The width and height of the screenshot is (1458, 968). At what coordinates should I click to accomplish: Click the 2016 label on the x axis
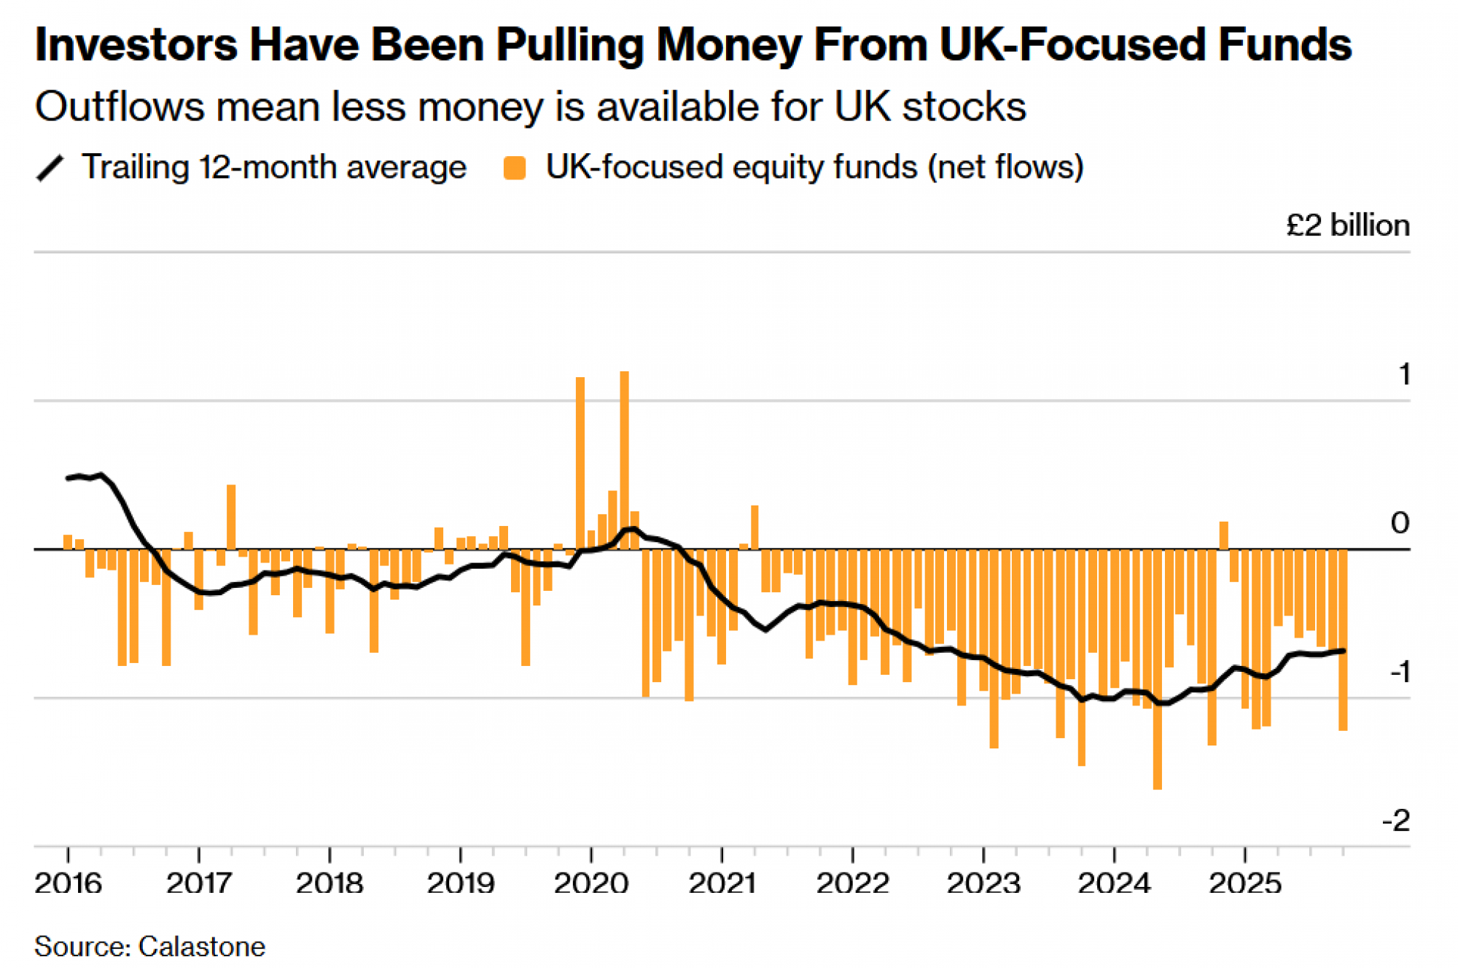click(x=68, y=883)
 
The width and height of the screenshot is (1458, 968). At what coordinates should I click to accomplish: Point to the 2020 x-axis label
click(x=590, y=883)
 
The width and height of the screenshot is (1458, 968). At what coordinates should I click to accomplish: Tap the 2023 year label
click(x=983, y=883)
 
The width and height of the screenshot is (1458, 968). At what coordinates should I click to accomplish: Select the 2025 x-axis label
click(x=1245, y=883)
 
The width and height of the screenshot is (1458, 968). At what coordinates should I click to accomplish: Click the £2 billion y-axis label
click(x=1347, y=225)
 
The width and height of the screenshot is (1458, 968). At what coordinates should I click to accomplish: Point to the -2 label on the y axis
click(x=1396, y=821)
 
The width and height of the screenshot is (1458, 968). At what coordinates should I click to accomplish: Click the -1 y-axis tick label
click(x=1400, y=672)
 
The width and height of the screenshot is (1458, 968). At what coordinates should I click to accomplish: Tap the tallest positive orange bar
click(x=624, y=460)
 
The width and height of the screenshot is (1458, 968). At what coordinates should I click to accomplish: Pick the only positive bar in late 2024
click(x=1223, y=535)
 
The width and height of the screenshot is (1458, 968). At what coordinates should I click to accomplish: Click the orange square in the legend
click(x=515, y=168)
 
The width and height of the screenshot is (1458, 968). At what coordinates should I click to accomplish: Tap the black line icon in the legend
click(x=50, y=168)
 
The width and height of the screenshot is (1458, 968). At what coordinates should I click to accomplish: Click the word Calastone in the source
click(x=202, y=947)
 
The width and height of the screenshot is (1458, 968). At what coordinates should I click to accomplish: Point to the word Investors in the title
click(x=136, y=44)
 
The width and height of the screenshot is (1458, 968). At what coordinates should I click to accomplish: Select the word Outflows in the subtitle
click(x=120, y=107)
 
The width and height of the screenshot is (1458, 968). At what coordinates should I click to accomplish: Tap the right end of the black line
click(x=1343, y=651)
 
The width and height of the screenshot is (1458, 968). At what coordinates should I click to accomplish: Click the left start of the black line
click(x=69, y=478)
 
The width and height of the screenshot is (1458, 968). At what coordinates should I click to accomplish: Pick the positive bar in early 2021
click(x=755, y=527)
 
